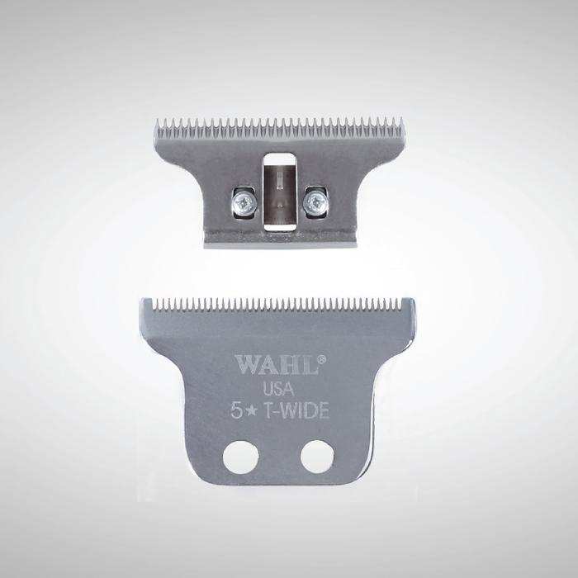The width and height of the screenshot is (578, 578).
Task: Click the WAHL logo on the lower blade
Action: click(x=277, y=365)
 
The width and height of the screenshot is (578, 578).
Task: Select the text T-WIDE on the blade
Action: click(x=296, y=410)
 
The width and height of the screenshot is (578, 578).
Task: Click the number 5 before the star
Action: click(x=236, y=411)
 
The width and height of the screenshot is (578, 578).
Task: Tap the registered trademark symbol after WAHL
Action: click(x=321, y=358)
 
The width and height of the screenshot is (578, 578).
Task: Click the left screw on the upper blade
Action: click(x=244, y=201)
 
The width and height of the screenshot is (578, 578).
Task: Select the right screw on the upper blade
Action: click(x=315, y=201)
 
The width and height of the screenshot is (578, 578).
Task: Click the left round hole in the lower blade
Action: click(x=241, y=457)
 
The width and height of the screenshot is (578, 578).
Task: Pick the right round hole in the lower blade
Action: click(x=317, y=457)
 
